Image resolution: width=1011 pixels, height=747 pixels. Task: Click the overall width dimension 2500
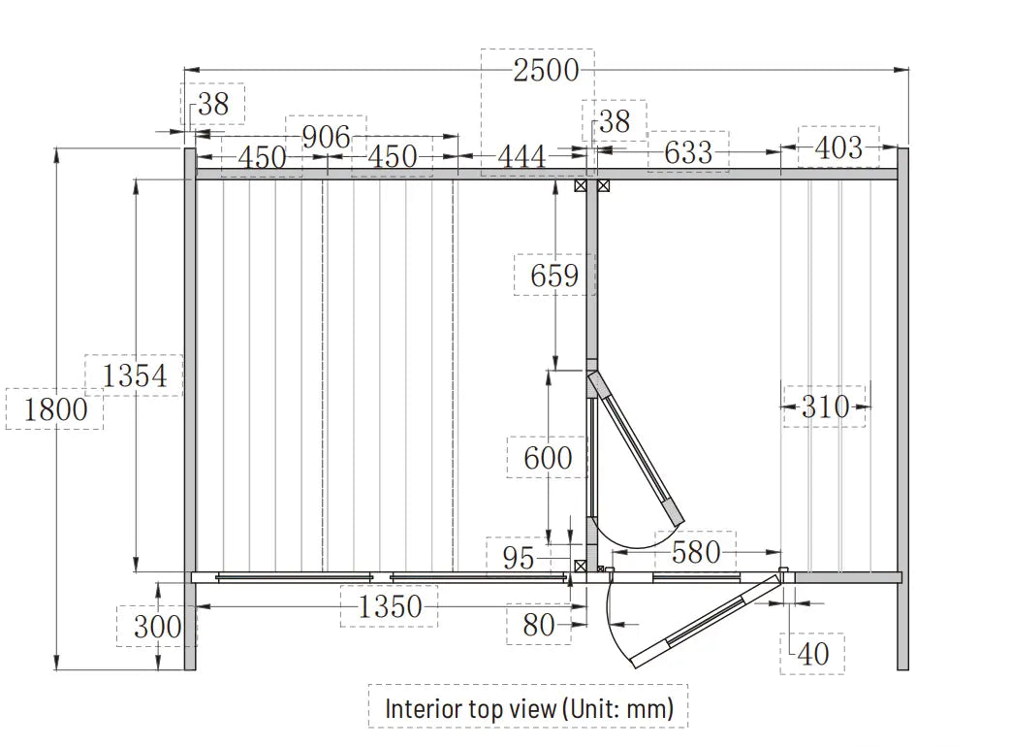[546, 70]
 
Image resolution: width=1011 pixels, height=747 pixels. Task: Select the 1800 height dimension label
[55, 409]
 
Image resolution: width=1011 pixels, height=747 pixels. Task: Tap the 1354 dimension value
[135, 375]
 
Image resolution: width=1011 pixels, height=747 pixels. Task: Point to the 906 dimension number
[327, 138]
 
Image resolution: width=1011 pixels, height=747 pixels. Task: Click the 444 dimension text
[521, 156]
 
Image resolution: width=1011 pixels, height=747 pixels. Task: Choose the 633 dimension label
[688, 153]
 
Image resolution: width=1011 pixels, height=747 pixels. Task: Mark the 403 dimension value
[838, 147]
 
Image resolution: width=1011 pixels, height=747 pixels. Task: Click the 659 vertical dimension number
[554, 276]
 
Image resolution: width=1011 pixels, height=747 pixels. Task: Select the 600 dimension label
[548, 459]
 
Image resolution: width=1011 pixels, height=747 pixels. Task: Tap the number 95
[519, 558]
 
